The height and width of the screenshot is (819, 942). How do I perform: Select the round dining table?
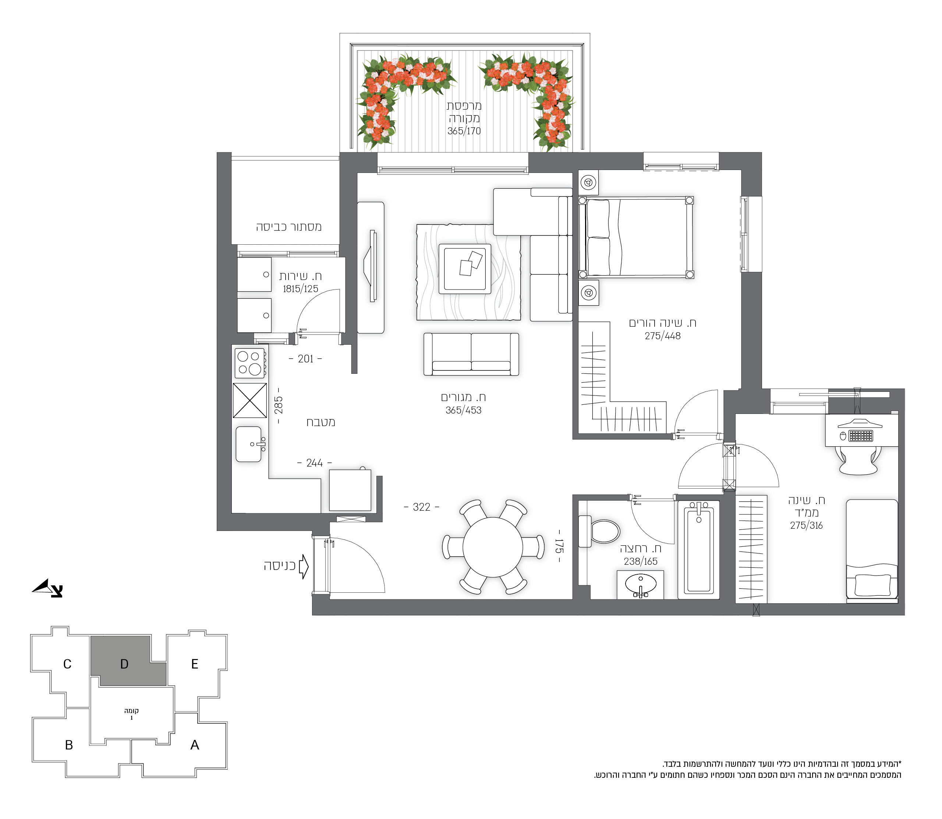493,547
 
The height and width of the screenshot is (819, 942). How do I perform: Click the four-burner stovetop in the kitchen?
249,363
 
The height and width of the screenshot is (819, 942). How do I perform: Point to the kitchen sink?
249,444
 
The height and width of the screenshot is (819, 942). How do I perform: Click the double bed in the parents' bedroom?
636,237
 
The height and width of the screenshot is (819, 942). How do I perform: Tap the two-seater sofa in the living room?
471,354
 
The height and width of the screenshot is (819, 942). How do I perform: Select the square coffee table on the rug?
465,269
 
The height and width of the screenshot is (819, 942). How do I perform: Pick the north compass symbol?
47,588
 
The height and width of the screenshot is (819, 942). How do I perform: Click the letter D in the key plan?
124,664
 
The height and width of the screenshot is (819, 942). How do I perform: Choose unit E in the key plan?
195,664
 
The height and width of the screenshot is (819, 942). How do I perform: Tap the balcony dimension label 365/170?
464,131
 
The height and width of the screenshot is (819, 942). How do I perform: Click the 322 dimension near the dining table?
421,507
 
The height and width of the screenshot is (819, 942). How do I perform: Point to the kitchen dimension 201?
305,359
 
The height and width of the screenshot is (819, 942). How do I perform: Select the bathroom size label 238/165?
640,561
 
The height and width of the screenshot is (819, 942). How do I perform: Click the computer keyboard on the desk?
861,436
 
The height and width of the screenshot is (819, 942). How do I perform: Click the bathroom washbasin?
640,585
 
